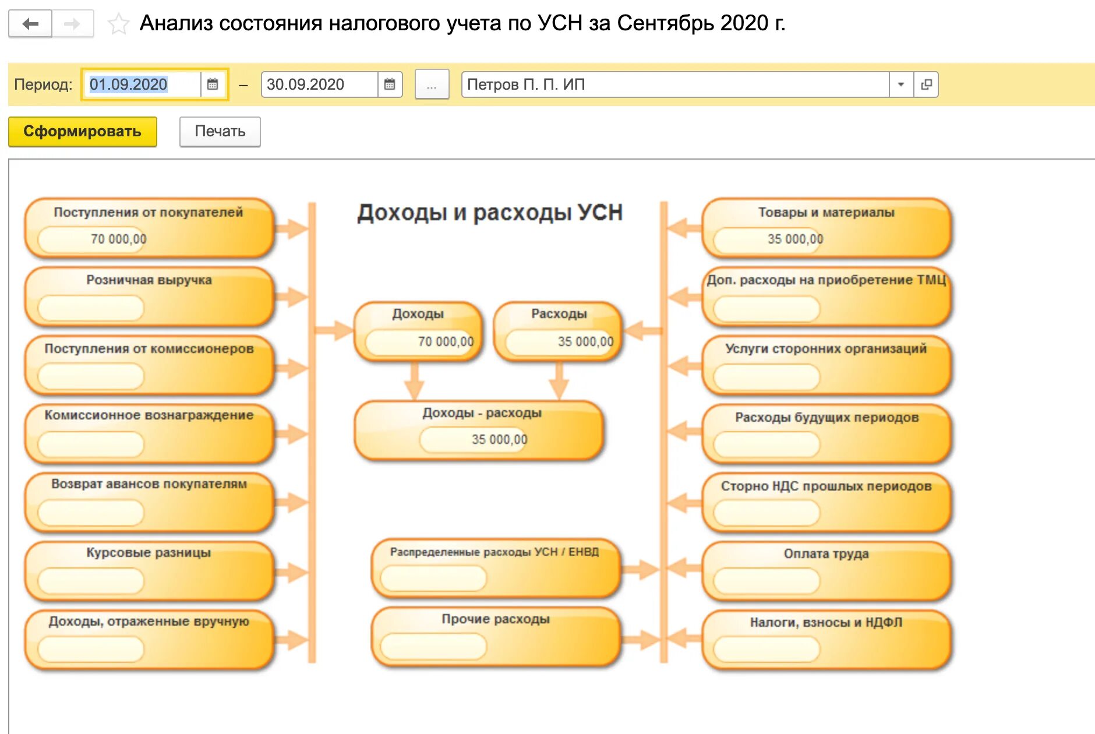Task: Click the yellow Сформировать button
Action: [82, 132]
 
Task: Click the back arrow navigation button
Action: [30, 24]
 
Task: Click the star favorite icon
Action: [118, 24]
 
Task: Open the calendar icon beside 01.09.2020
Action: [213, 84]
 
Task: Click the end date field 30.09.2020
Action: [318, 84]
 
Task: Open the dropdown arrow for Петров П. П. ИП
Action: [900, 84]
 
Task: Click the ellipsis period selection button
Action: [432, 85]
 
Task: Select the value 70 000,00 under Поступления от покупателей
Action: [118, 239]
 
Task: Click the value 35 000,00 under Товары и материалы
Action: [795, 239]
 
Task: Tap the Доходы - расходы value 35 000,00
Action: [499, 439]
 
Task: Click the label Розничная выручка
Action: [149, 280]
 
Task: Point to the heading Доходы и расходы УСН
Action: [490, 213]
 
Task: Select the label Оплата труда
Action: [826, 553]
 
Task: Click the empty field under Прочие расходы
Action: [433, 646]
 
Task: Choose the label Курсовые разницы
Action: [149, 552]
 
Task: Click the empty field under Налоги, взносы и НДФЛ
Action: [767, 649]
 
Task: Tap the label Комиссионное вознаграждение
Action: [149, 415]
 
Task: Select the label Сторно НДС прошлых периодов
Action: [826, 486]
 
